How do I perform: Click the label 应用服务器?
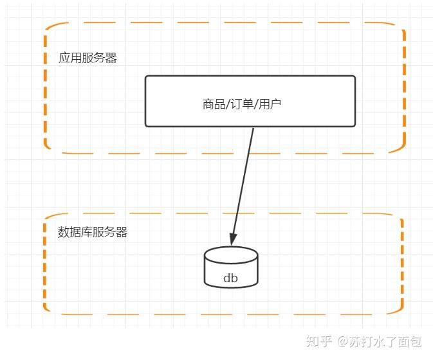[88, 59]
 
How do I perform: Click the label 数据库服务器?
[93, 232]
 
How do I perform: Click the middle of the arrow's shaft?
[243, 184]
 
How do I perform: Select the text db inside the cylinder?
[230, 278]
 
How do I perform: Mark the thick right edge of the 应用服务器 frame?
[404, 90]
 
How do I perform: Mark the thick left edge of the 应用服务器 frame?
[46, 90]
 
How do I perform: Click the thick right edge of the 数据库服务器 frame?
[402, 264]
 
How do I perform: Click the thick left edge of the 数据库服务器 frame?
[45, 264]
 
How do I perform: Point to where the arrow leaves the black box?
[253, 127]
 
